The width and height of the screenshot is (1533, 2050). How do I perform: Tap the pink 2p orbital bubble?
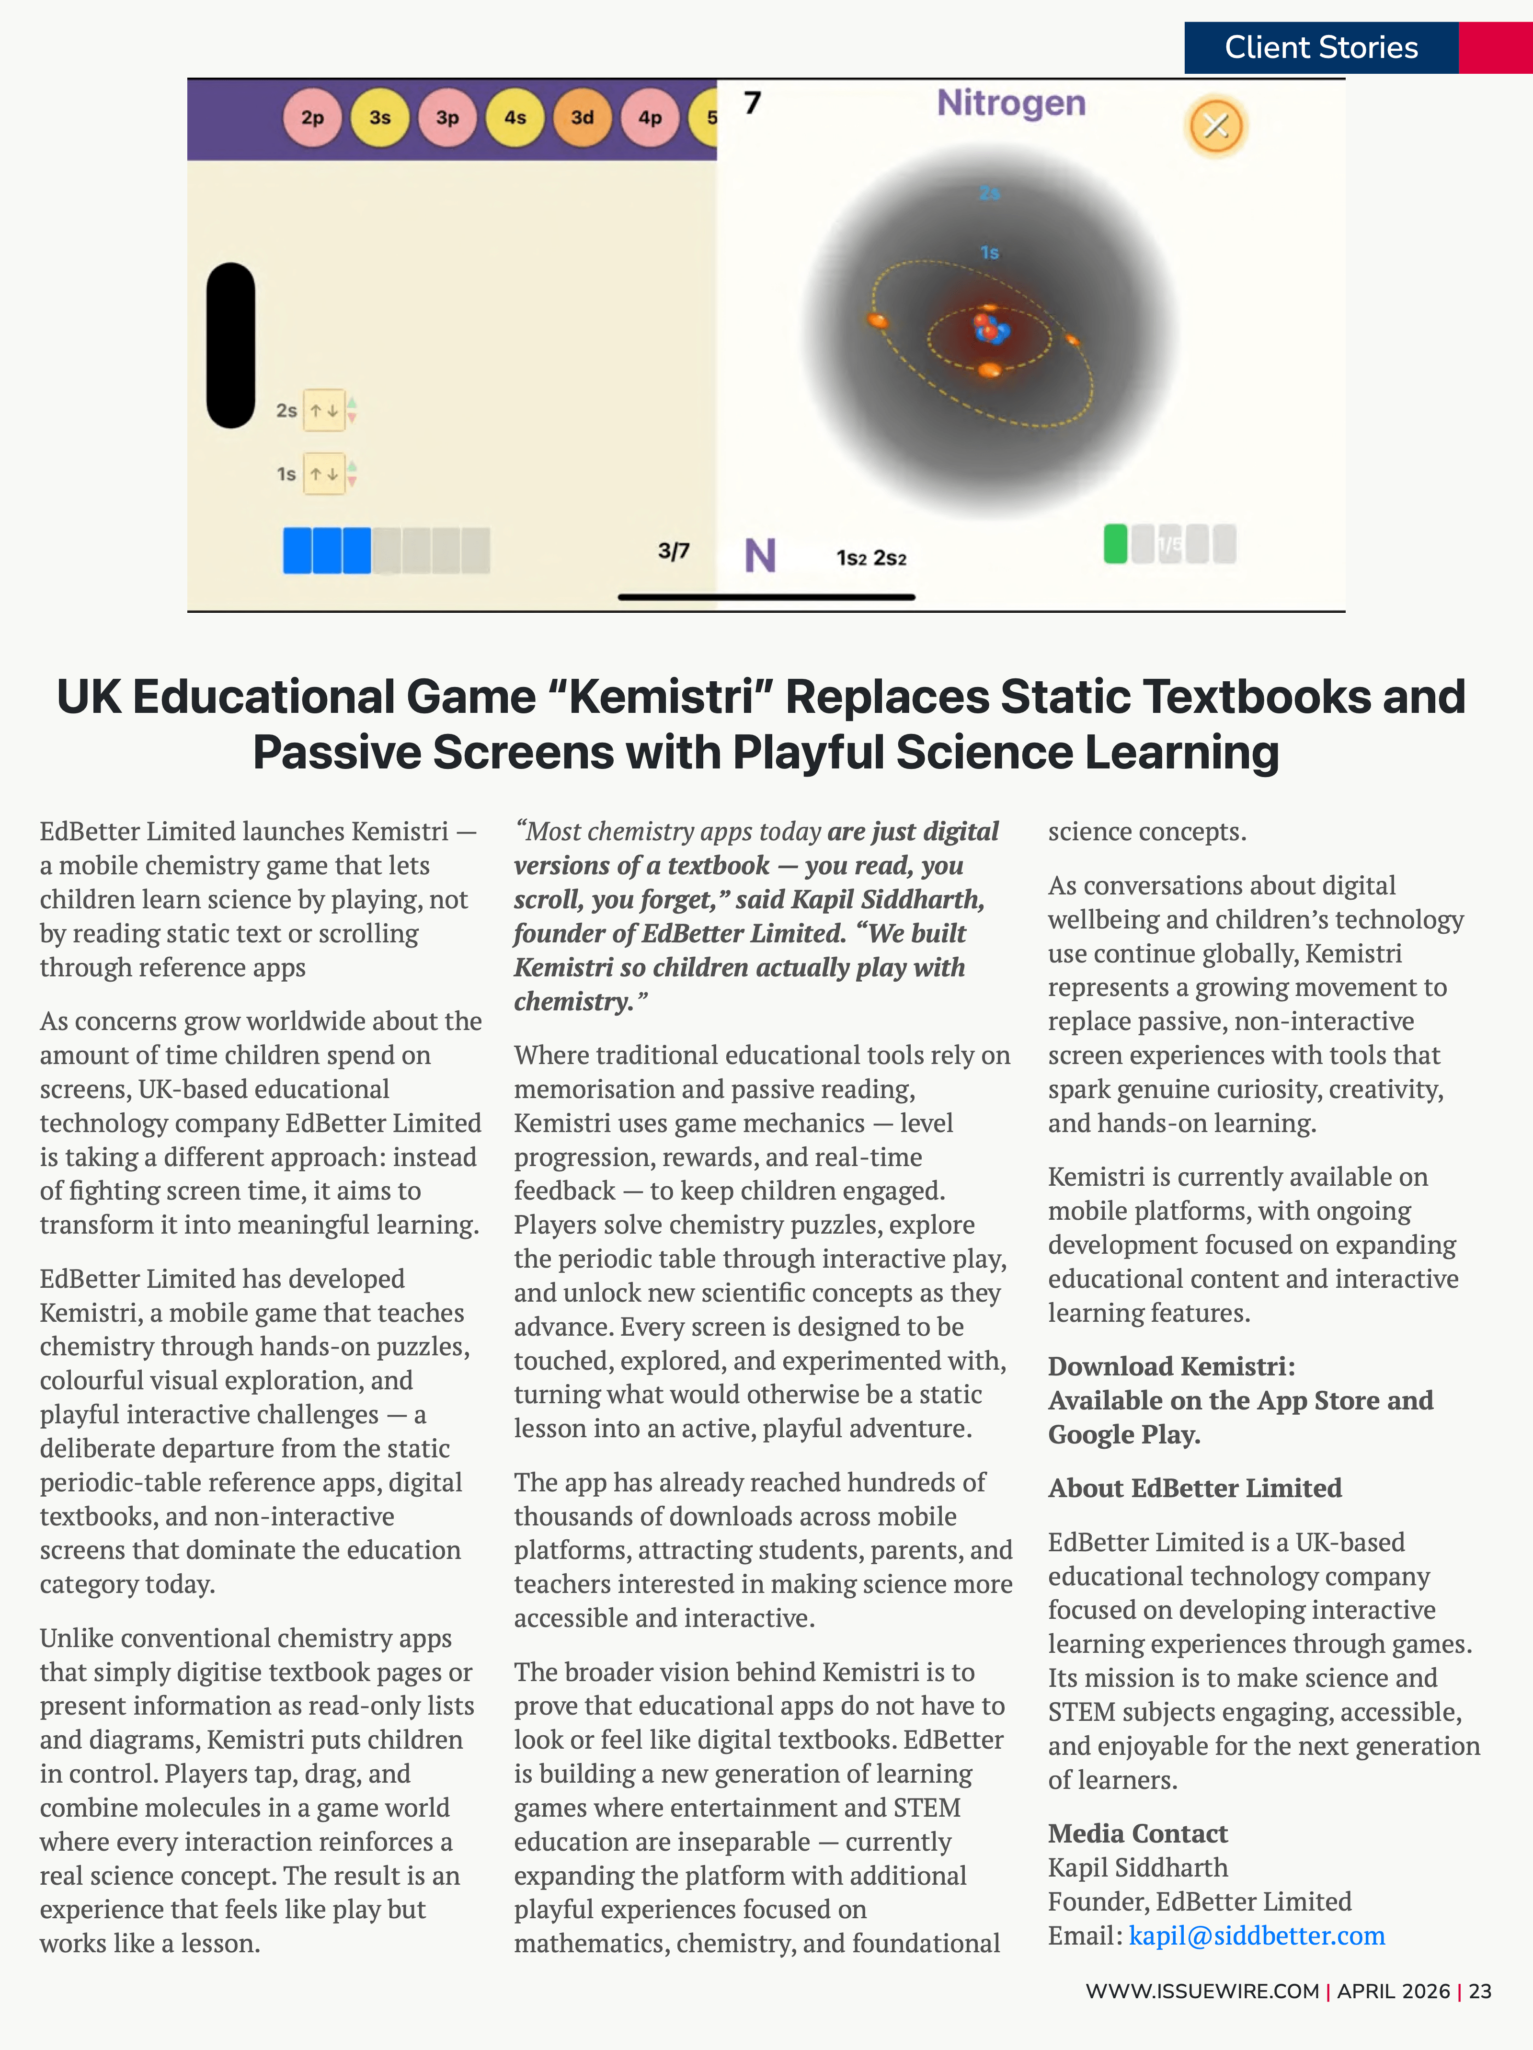point(312,118)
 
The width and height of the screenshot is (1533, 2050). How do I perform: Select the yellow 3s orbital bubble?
point(380,118)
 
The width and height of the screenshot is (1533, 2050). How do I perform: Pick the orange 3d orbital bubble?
point(582,118)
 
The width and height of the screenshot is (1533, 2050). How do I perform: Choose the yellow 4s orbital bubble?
point(515,118)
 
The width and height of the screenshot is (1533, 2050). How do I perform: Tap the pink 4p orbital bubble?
point(650,118)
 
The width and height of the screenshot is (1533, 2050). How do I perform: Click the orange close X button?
point(1216,125)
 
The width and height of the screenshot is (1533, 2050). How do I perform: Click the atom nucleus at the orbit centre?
point(990,329)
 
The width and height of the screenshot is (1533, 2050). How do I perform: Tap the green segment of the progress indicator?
point(1115,544)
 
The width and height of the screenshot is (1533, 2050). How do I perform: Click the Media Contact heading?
point(1137,1833)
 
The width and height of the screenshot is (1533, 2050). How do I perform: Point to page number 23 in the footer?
point(1480,1991)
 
